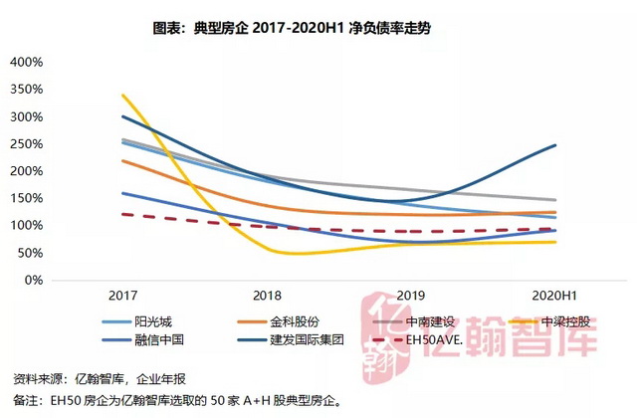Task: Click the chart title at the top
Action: pos(318,30)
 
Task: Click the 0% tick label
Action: pos(33,281)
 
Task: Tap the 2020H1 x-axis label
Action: pos(554,296)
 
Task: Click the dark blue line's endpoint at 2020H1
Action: pos(554,145)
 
